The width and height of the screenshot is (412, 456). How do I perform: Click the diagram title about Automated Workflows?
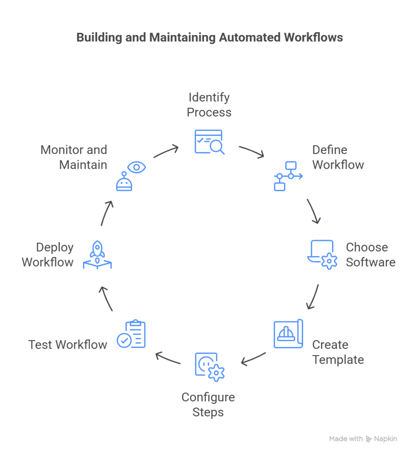click(210, 37)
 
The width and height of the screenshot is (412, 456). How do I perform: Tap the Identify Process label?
click(209, 105)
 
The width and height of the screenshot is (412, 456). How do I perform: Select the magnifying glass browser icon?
click(209, 142)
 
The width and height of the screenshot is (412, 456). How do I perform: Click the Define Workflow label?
click(338, 157)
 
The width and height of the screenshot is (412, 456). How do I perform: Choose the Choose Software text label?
click(370, 255)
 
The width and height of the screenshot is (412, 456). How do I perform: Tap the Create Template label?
click(338, 352)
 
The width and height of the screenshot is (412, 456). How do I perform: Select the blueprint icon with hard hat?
click(288, 334)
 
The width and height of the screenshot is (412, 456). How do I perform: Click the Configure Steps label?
click(208, 404)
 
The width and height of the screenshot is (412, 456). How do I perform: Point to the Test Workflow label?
click(68, 345)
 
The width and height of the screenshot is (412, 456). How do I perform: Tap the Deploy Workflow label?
click(48, 255)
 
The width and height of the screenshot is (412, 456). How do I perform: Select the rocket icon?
click(97, 255)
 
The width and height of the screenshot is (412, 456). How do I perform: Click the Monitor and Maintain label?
click(74, 157)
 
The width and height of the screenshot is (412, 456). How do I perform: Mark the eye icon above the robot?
click(137, 167)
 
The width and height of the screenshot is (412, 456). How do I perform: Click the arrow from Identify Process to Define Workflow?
click(252, 151)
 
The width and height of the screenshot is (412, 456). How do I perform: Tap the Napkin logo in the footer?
click(381, 439)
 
